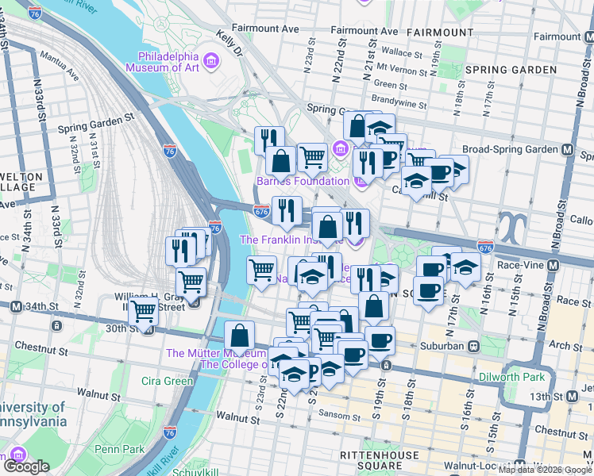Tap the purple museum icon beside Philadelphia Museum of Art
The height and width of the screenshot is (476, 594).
coord(211,61)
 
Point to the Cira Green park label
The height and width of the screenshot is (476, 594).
coord(168,381)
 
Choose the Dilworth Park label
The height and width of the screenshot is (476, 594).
coord(510,375)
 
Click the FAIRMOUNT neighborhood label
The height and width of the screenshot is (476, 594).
coord(439,32)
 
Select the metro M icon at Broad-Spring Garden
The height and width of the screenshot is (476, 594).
coord(568,149)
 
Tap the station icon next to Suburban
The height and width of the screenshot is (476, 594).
coord(472,346)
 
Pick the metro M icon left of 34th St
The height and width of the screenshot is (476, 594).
coord(15,306)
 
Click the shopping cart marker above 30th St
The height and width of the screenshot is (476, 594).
coord(144,312)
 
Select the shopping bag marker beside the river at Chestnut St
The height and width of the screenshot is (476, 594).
coord(239,336)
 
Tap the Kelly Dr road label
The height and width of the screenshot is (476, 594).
coord(230,44)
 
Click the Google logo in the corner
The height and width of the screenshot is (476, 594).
coord(25,466)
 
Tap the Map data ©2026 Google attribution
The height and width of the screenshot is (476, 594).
coord(545,470)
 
